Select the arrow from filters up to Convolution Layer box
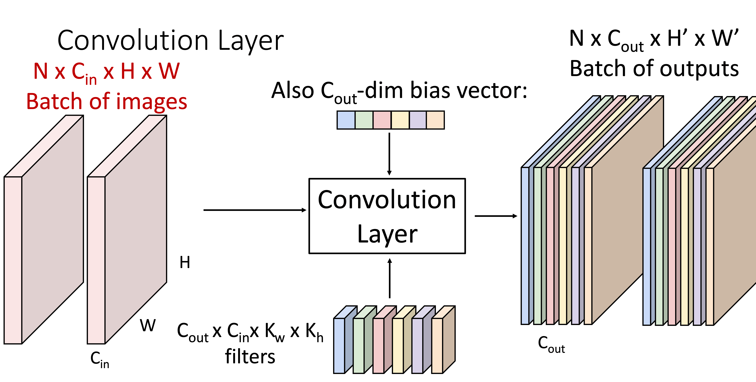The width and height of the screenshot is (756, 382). [x=390, y=278]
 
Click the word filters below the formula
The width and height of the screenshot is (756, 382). [x=250, y=356]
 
